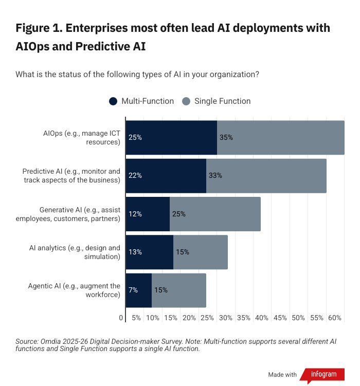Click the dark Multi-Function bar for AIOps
click(x=171, y=138)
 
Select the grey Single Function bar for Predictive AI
click(x=266, y=176)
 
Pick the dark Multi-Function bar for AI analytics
click(x=149, y=252)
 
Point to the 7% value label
click(x=133, y=290)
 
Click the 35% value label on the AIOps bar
click(x=226, y=138)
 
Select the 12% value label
click(x=135, y=214)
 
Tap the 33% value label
click(x=215, y=176)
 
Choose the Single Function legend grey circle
click(x=186, y=101)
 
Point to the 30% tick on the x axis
click(x=225, y=318)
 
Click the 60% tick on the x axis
click(x=335, y=318)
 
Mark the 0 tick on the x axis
click(x=121, y=318)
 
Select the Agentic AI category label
click(x=74, y=290)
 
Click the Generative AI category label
click(x=80, y=214)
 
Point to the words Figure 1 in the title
click(x=39, y=27)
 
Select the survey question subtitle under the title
click(x=137, y=75)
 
